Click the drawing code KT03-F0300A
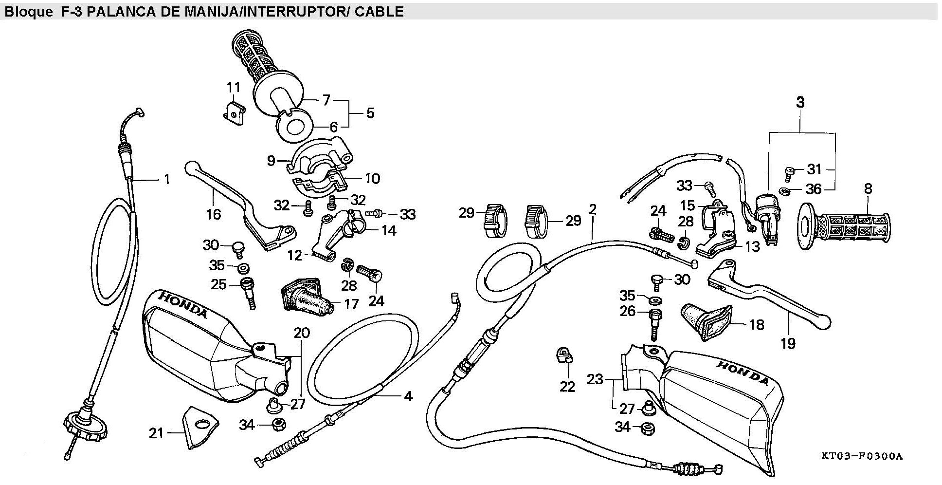[x=861, y=456]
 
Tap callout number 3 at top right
[x=800, y=103]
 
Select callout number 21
[x=156, y=433]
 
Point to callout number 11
[x=234, y=88]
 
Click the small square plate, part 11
[x=233, y=113]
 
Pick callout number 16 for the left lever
[x=214, y=214]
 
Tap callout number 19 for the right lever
[x=788, y=343]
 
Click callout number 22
[x=567, y=387]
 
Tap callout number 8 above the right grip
[x=868, y=188]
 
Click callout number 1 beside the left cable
[x=167, y=180]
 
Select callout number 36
[x=814, y=189]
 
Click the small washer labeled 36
[x=784, y=189]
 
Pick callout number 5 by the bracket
[x=370, y=113]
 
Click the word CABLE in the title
[x=379, y=11]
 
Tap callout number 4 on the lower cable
[x=408, y=396]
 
